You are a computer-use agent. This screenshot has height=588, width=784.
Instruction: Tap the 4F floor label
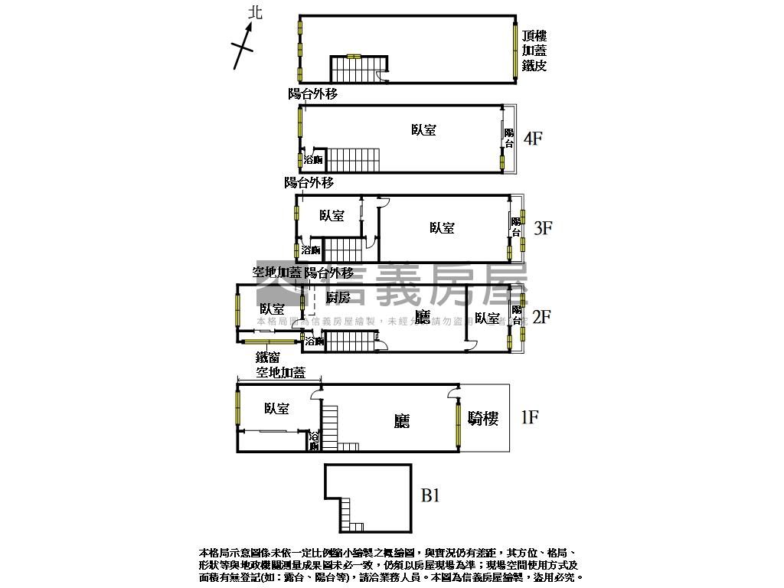[x=533, y=139]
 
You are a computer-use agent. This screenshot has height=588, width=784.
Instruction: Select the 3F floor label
[x=543, y=227]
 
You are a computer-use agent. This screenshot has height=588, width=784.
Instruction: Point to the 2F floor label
[x=541, y=316]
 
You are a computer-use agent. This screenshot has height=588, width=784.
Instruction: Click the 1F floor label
[x=529, y=417]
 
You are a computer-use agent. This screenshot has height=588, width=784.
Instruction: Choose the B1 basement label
[x=430, y=495]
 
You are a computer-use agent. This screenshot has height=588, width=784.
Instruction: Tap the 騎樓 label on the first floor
[x=483, y=418]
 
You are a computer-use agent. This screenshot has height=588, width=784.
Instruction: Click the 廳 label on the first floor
[x=402, y=421]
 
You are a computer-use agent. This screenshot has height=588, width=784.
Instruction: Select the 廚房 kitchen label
[x=338, y=297]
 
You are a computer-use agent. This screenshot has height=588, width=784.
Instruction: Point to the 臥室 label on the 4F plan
[x=423, y=130]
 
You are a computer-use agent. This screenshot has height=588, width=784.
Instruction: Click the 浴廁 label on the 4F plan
[x=312, y=160]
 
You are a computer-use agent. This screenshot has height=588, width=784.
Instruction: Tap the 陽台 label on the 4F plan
[x=509, y=139]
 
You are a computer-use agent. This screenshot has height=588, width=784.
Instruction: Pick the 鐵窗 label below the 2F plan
[x=267, y=357]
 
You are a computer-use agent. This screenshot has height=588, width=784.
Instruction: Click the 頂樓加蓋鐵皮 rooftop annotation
[x=534, y=51]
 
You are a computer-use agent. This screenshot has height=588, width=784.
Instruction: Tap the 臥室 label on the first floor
[x=276, y=409]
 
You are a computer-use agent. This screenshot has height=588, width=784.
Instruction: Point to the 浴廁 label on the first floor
[x=314, y=441]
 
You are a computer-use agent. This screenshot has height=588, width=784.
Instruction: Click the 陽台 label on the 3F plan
[x=517, y=227]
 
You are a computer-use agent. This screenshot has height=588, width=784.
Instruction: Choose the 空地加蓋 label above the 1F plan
[x=280, y=374]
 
